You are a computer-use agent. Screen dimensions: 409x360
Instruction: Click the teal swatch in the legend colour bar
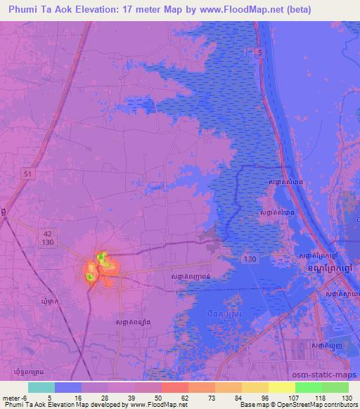[41, 387]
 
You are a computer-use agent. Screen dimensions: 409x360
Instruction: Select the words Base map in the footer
[255, 405]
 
